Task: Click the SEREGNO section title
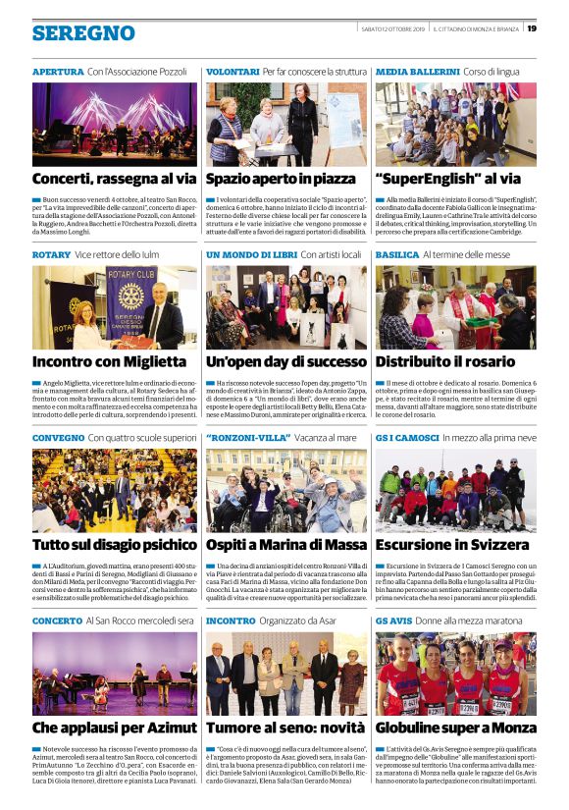[83, 34]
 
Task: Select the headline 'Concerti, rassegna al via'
[114, 180]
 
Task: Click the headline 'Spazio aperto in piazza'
[280, 180]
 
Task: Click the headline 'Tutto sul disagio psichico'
[114, 544]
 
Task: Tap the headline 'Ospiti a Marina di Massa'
[287, 544]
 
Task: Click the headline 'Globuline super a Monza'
[455, 728]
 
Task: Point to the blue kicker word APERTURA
[58, 73]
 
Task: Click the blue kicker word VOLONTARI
[233, 73]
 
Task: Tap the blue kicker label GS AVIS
[394, 621]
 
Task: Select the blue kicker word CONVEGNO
[58, 438]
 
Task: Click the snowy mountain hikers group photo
[455, 490]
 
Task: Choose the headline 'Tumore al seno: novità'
[284, 728]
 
